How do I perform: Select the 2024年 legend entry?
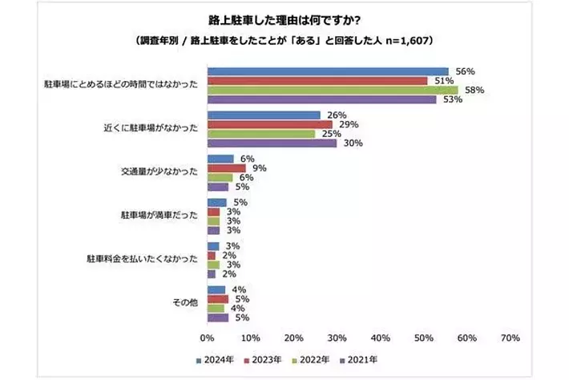pyautogui.click(x=212, y=359)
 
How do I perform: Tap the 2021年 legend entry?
pyautogui.click(x=361, y=359)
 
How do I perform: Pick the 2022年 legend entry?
pyautogui.click(x=312, y=359)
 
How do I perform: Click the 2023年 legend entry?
pyautogui.click(x=262, y=359)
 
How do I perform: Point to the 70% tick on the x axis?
pyautogui.click(x=509, y=337)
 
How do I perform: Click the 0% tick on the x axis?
pyautogui.click(x=207, y=337)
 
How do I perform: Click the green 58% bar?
pyautogui.click(x=332, y=91)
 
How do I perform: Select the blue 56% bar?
pyautogui.click(x=328, y=71)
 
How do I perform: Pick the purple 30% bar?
pyautogui.click(x=272, y=144)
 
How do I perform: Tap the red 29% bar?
pyautogui.click(x=269, y=124)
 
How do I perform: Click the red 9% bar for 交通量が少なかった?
pyautogui.click(x=226, y=168)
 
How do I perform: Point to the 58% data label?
pyautogui.click(x=474, y=91)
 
